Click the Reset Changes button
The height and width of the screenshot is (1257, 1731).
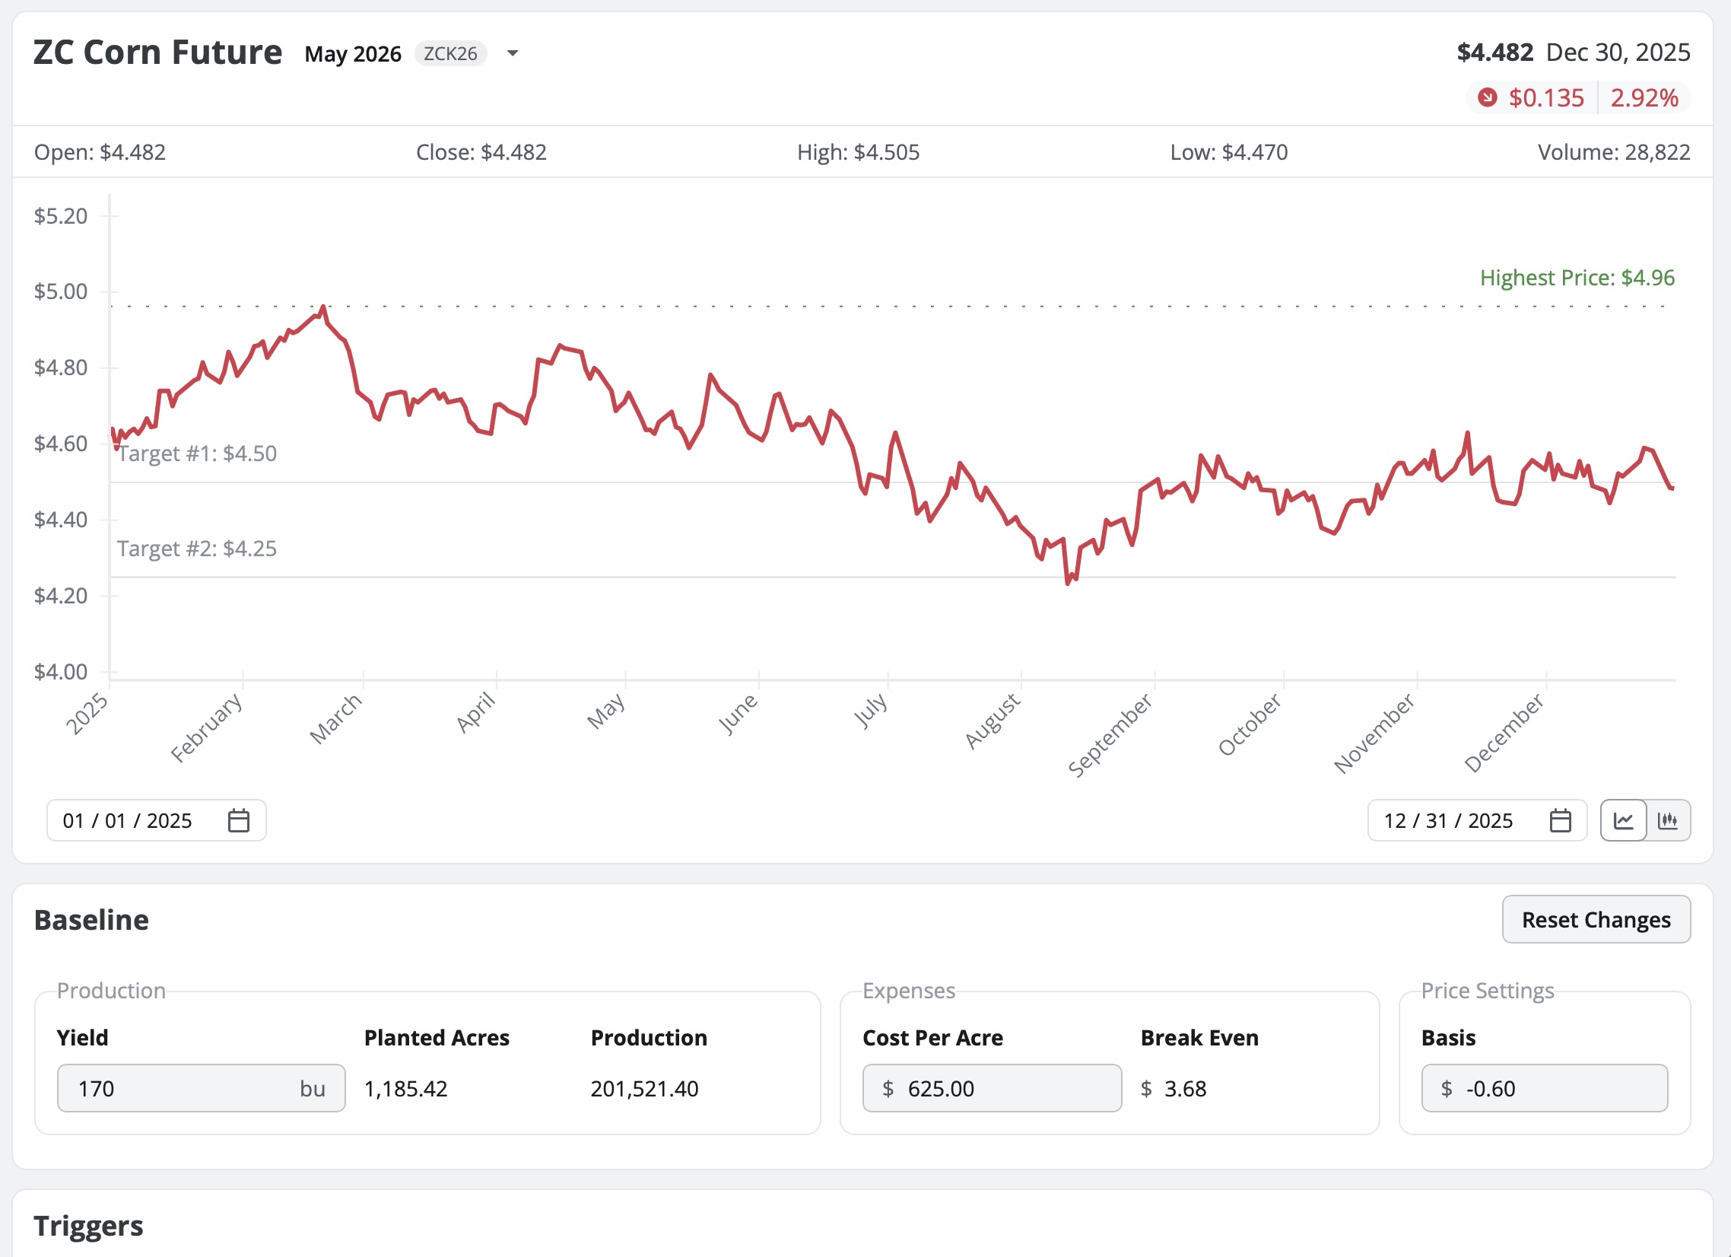(1595, 919)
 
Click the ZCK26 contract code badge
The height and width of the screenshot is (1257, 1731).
(450, 53)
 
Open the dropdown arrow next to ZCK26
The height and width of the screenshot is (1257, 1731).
(513, 53)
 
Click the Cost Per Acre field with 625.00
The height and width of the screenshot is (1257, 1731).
(991, 1088)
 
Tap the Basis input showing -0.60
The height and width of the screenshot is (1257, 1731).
(1543, 1088)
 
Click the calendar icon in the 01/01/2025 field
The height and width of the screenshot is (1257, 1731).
(239, 821)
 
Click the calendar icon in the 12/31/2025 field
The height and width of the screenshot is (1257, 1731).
(1560, 821)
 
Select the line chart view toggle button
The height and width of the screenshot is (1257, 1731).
(1622, 821)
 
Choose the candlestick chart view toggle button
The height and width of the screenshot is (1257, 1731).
(1668, 821)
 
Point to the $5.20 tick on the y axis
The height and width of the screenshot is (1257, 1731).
(61, 216)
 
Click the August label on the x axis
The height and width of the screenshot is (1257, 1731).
(993, 721)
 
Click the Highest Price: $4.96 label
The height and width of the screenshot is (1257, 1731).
(1576, 278)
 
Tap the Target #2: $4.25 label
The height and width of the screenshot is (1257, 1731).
(197, 549)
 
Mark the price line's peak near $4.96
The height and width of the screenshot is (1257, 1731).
(323, 307)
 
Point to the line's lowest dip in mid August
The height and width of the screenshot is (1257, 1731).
(1067, 584)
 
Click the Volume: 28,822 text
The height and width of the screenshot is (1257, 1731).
(1612, 153)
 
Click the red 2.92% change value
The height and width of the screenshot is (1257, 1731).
(1644, 97)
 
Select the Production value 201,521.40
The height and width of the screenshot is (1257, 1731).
(644, 1088)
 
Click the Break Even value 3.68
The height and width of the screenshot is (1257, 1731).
(1184, 1088)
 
